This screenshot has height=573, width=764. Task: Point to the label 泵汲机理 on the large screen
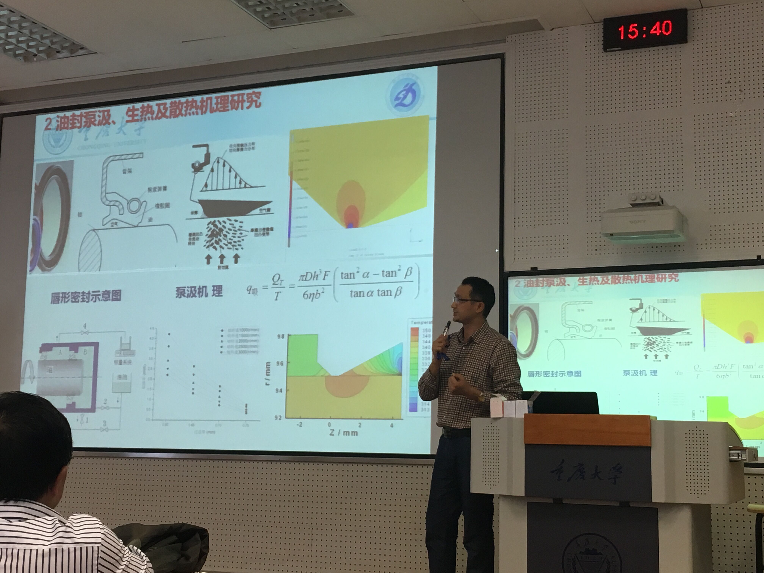point(199,292)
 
